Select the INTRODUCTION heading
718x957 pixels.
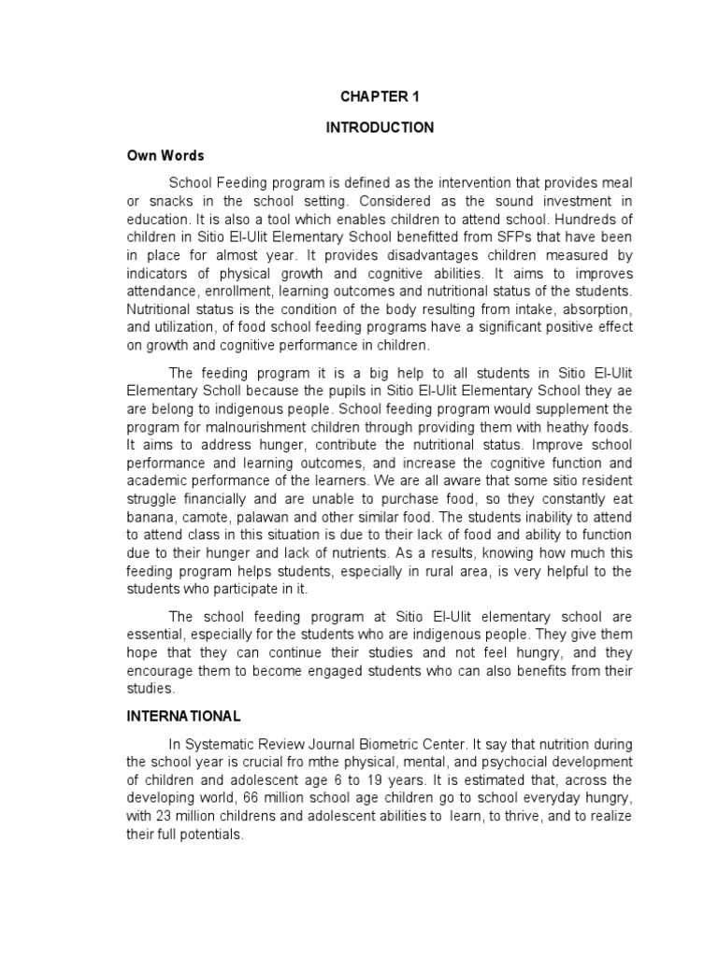pyautogui.click(x=380, y=127)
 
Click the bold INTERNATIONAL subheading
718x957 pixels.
pyautogui.click(x=183, y=716)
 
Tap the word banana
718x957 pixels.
pyautogui.click(x=147, y=516)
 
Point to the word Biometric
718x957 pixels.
pyautogui.click(x=402, y=744)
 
